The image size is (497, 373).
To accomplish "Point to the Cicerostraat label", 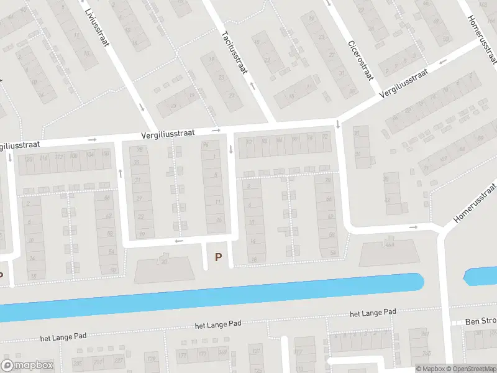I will pos(360,59).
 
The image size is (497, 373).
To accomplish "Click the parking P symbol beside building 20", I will pos(217,256).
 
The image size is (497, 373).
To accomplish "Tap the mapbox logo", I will pos(27,366).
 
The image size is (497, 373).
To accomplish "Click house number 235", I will pos(78,362).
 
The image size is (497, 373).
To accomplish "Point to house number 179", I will pos(152,358).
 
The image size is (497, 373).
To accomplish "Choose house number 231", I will pos(98,362).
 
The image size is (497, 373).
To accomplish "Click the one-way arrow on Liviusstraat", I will pos(142,107).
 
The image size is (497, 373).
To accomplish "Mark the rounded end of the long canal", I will pos(419,282).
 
